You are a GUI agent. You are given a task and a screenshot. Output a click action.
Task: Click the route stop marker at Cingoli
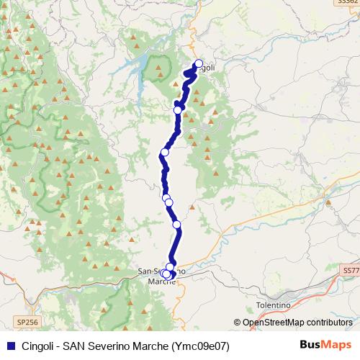tap(199, 63)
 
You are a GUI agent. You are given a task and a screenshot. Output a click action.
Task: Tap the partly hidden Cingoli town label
tap(207, 68)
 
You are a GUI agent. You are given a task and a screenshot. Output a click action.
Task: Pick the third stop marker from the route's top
tap(165, 152)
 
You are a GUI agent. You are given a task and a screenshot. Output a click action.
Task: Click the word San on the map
tap(144, 271)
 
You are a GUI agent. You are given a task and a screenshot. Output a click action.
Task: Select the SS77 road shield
tap(350, 270)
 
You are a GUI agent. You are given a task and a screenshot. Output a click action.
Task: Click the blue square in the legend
tap(11, 346)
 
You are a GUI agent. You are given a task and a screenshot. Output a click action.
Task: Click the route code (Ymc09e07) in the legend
tap(202, 346)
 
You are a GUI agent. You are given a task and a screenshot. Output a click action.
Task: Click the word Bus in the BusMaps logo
tap(308, 346)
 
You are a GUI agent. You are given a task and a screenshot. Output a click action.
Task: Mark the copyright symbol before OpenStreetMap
tap(238, 323)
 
